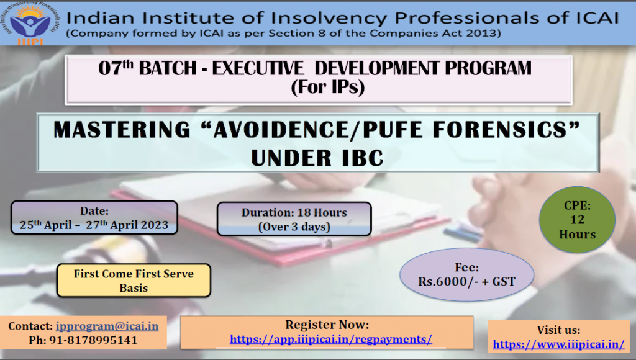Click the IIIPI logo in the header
point(31,23)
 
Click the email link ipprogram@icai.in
point(107,326)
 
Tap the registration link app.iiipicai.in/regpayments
point(331,339)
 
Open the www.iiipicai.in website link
point(558,344)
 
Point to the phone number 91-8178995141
point(93,340)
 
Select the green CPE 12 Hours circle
point(577,220)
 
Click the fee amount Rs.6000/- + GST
point(466,281)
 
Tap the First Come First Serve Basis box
point(134,281)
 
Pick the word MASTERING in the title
point(122,130)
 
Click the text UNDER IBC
point(317,158)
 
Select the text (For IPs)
point(328,87)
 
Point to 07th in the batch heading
point(116,68)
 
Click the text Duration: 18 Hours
point(294,212)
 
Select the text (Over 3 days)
point(294,227)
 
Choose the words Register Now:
point(327,325)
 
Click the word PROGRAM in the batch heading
point(488,68)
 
